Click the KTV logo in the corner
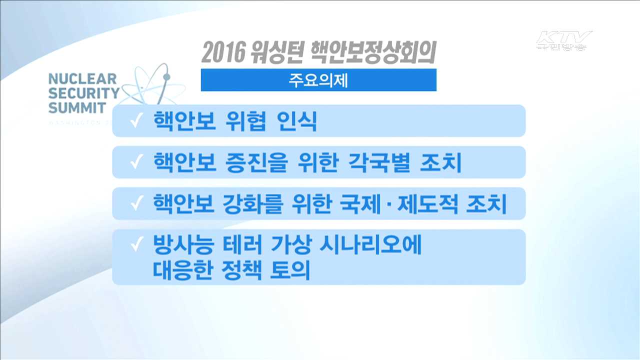coord(563,40)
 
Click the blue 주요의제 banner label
coord(318,80)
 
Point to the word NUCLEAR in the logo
coord(82,79)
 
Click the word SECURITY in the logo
coord(83,93)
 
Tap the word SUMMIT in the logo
coord(77,107)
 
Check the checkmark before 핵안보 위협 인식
coord(135,122)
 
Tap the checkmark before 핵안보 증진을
coord(135,163)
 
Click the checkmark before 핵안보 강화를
coord(135,205)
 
